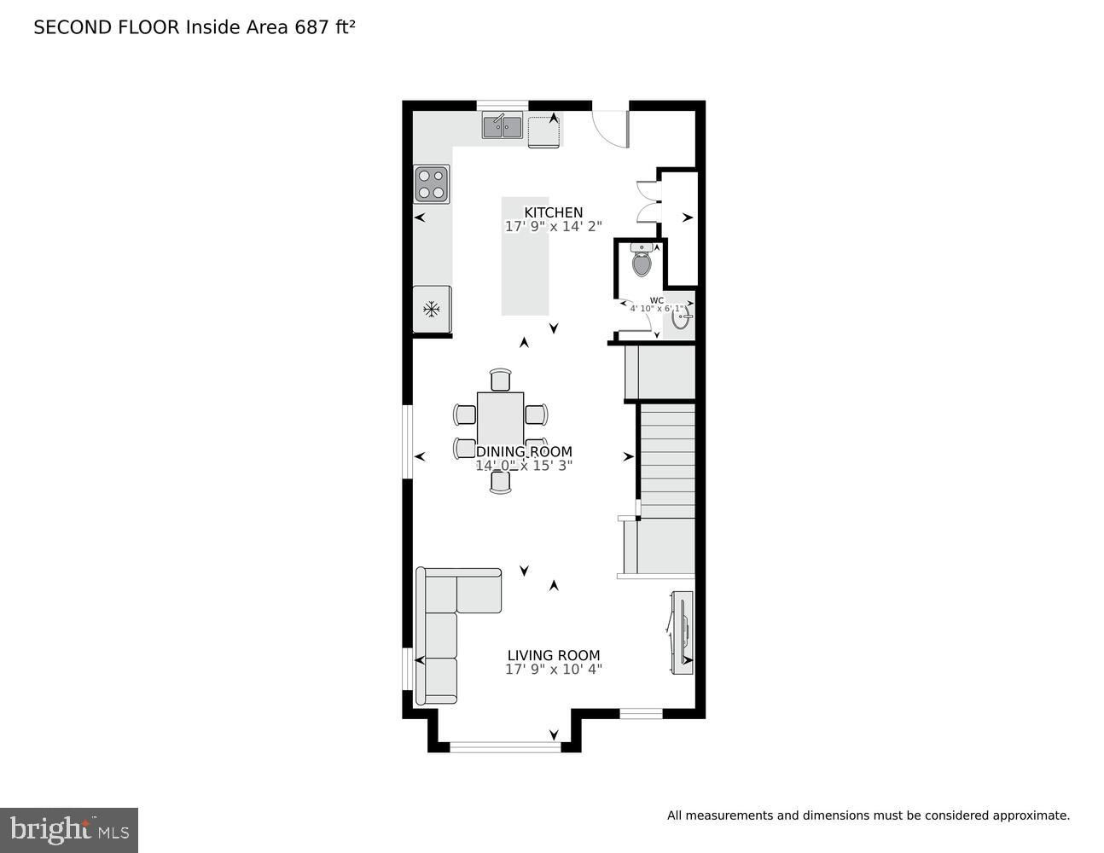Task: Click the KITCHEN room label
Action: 553,212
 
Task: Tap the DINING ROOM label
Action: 524,451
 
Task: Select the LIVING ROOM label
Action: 553,655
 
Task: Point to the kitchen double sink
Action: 502,126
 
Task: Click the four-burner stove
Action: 432,183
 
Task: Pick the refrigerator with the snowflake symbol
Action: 432,309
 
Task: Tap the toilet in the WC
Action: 642,260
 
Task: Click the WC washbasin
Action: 680,316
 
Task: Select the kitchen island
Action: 525,257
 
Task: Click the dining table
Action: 500,421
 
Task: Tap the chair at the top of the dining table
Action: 501,380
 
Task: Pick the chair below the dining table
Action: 501,482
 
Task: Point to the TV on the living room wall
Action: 682,633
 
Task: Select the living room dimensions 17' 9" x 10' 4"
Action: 553,670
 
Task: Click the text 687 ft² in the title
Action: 325,27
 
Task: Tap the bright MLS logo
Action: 69,830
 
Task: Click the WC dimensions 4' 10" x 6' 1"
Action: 656,308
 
